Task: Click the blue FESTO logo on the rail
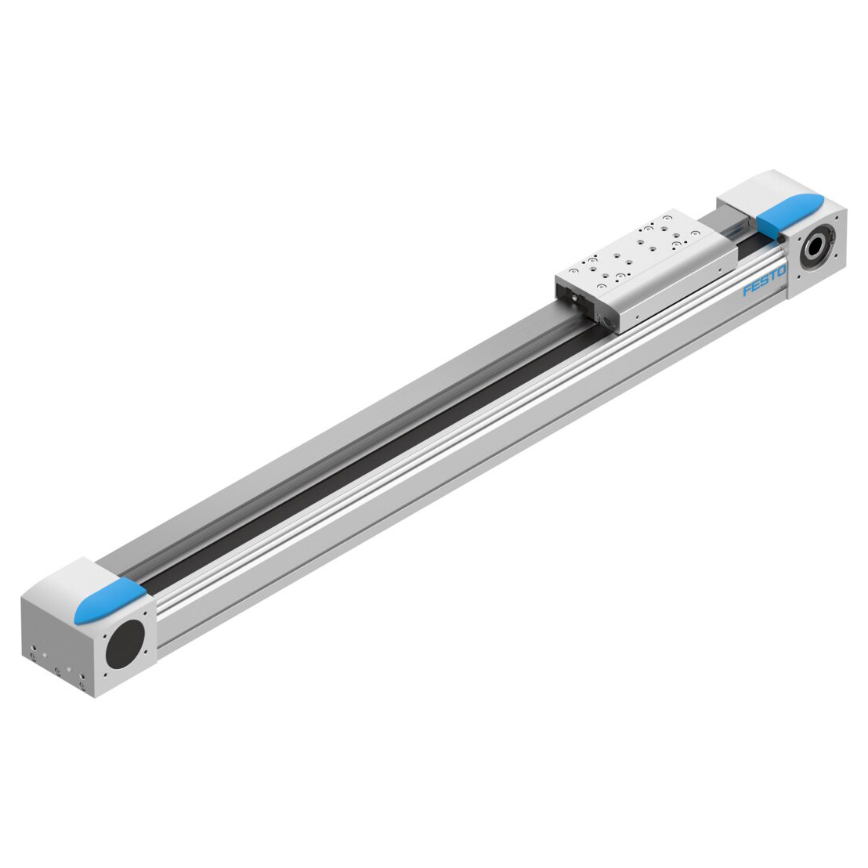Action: tap(765, 281)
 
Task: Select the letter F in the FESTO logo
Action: tap(748, 290)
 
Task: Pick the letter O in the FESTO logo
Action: tap(781, 273)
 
